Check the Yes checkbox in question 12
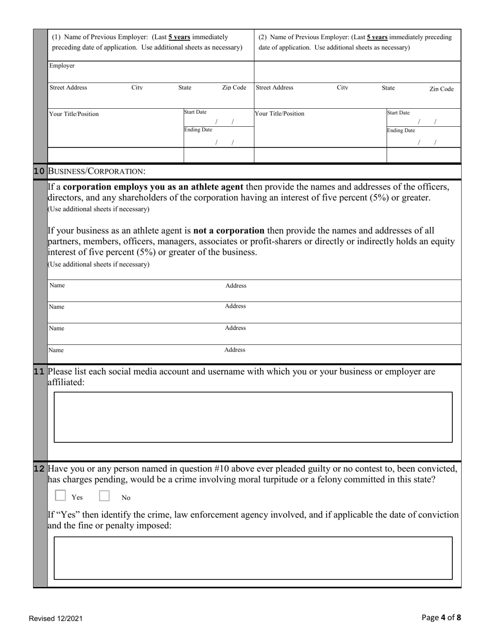point(60,496)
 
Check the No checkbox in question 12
point(105,496)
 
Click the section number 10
point(39,171)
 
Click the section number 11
point(39,371)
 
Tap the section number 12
point(39,469)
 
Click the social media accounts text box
point(253,417)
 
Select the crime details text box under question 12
point(253,558)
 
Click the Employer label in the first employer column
point(62,66)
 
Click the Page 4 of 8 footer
point(441,618)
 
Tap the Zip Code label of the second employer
point(442,89)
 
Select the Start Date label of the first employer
point(195,112)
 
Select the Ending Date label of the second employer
point(401,130)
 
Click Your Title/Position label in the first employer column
point(74,114)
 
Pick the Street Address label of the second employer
point(274,88)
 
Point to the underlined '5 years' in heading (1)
point(179,37)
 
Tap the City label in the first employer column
point(137,88)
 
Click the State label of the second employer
point(388,88)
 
